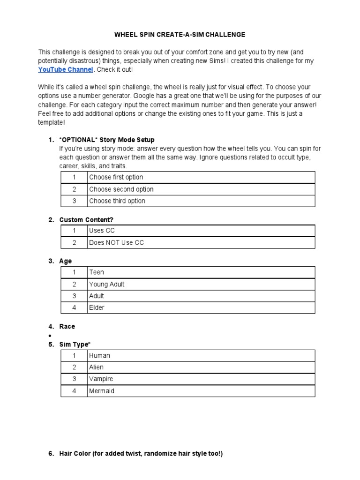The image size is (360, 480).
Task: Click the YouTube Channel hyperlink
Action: (66, 69)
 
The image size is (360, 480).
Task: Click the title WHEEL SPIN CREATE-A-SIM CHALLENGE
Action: (180, 35)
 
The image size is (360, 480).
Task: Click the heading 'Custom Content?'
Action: (86, 220)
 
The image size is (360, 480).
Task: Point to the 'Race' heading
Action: (67, 327)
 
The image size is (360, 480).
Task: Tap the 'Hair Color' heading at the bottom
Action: (141, 454)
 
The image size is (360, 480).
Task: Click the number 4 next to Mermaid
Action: (74, 391)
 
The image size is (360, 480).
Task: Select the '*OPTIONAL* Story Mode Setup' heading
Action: (107, 140)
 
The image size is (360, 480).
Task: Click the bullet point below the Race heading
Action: (50, 336)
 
